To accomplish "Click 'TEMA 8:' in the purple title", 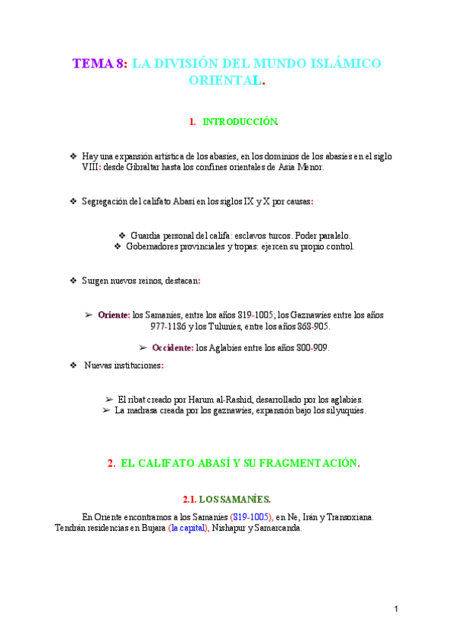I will pyautogui.click(x=99, y=64).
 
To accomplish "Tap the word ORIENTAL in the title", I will pyautogui.click(x=224, y=80).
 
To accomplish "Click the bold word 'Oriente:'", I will pyautogui.click(x=114, y=314).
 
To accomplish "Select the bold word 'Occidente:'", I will pyautogui.click(x=173, y=348).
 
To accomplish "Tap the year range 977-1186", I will pyautogui.click(x=168, y=326).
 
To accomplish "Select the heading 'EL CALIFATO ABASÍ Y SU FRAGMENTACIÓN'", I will pyautogui.click(x=240, y=463).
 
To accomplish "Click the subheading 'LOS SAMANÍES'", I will pyautogui.click(x=234, y=499).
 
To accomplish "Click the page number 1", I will pyautogui.click(x=396, y=609).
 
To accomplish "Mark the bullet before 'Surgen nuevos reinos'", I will pyautogui.click(x=73, y=281).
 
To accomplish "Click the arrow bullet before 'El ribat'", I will pyautogui.click(x=108, y=399).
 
